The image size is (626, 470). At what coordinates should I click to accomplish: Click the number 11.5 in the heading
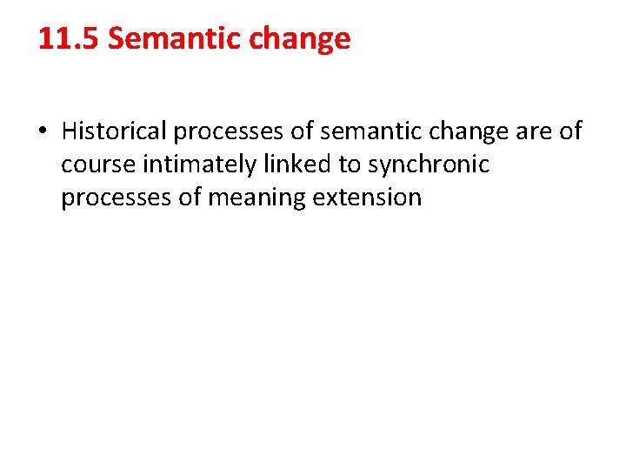pyautogui.click(x=69, y=39)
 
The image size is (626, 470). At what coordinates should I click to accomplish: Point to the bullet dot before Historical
pyautogui.click(x=43, y=132)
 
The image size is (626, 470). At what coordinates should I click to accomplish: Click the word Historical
pyautogui.click(x=114, y=131)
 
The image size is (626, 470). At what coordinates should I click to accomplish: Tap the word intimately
pyautogui.click(x=196, y=164)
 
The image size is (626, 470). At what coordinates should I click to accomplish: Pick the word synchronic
pyautogui.click(x=429, y=164)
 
